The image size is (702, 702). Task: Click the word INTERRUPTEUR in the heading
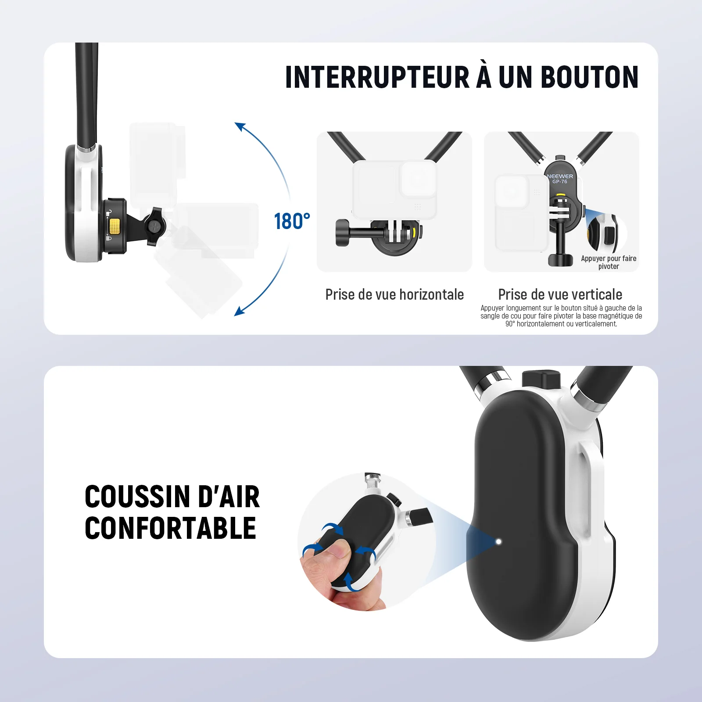[378, 77]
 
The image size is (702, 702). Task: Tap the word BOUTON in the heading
[590, 77]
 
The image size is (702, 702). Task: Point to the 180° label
[292, 221]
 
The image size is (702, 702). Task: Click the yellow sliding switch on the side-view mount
[115, 226]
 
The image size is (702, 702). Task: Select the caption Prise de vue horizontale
[394, 294]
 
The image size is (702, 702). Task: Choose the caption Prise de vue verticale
[560, 294]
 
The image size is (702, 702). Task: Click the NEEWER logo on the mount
[560, 176]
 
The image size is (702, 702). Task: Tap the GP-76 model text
[560, 182]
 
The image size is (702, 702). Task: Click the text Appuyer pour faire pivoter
[609, 262]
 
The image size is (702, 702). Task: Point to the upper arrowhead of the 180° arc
[239, 126]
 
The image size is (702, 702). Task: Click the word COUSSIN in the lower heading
[138, 497]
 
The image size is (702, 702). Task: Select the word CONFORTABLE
[170, 528]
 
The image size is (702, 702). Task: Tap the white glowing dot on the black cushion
[498, 541]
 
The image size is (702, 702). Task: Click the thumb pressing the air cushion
[337, 549]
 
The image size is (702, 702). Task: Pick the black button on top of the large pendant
[541, 379]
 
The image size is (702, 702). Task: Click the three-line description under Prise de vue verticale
[561, 316]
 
